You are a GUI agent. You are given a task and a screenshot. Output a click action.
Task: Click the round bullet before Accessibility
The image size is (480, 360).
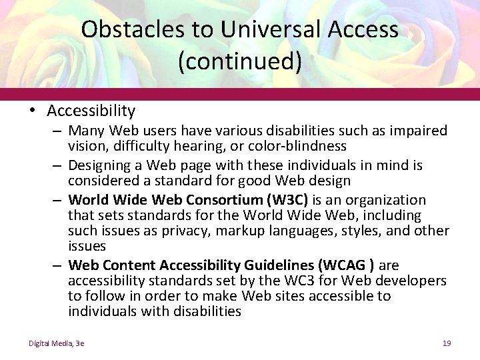tap(33, 111)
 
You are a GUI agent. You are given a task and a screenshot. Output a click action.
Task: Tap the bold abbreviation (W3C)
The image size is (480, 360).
tap(286, 200)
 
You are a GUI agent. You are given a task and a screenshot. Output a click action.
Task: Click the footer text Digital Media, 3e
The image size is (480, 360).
tap(56, 343)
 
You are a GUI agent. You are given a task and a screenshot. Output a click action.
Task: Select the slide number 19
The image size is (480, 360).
tap(447, 343)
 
